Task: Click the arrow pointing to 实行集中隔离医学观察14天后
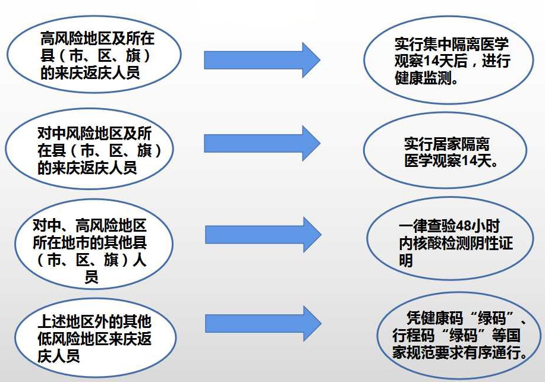tap(262, 59)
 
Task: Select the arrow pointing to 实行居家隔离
tap(262, 143)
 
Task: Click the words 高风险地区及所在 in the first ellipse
tap(97, 39)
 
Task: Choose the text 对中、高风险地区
tap(89, 226)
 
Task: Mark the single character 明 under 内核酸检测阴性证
tap(406, 260)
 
